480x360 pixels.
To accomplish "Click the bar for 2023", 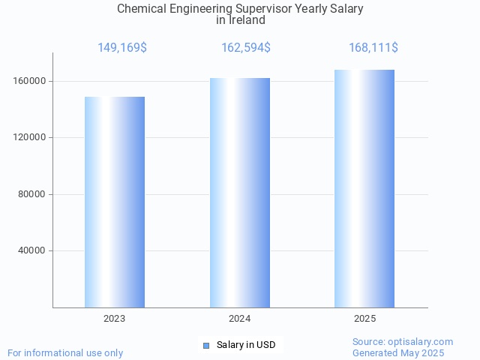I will [115, 202].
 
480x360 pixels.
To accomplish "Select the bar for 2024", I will [240, 193].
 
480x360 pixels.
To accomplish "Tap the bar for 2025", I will [364, 188].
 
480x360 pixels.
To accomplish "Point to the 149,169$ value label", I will [122, 48].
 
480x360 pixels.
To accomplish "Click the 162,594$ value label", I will [246, 48].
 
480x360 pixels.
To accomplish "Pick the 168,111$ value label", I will [373, 48].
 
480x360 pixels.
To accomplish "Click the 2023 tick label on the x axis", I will [115, 319].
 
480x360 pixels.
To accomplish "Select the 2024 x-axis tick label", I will [240, 319].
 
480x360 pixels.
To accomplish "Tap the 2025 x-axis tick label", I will [364, 319].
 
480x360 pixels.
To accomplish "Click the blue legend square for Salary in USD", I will [206, 345].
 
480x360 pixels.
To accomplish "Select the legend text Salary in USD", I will [246, 345].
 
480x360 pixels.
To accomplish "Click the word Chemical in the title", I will [139, 9].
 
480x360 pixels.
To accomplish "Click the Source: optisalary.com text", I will [403, 341].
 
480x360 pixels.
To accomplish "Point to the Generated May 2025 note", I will [398, 352].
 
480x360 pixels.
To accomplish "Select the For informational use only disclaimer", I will [65, 352].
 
